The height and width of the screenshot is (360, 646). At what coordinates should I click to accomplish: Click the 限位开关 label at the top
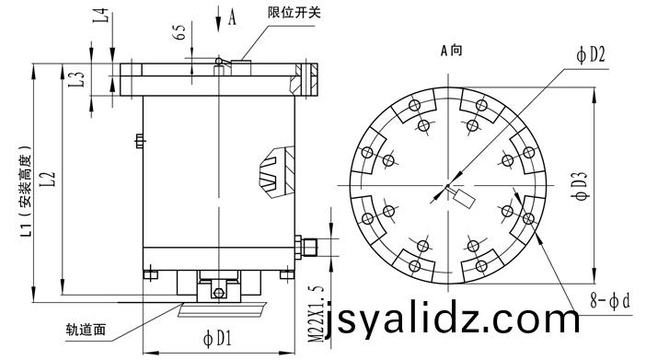pos(294,12)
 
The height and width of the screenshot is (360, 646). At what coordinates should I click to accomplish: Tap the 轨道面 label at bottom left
pos(87,330)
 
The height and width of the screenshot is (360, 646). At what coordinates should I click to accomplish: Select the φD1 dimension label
pos(217,339)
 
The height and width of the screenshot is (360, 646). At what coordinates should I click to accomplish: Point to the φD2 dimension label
pos(591,55)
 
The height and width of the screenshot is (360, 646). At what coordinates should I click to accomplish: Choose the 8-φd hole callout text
pos(610,301)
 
